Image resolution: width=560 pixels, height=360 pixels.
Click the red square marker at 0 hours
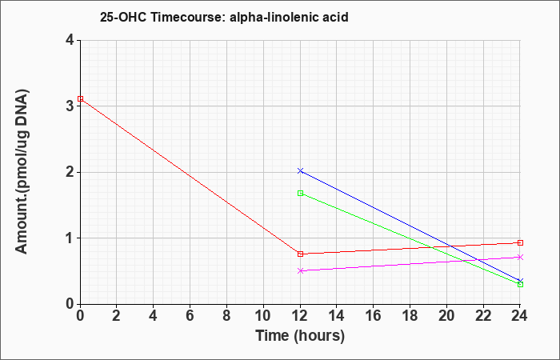pos(80,98)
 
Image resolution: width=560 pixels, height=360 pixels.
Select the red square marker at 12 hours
pos(300,254)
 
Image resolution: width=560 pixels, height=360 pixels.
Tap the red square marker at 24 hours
pos(520,243)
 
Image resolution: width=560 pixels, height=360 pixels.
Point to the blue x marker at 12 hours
pos(300,170)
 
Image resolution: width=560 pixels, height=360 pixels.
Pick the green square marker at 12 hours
pos(300,194)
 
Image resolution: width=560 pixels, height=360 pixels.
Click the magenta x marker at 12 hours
pos(300,270)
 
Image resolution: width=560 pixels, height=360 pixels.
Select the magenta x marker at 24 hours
pos(520,257)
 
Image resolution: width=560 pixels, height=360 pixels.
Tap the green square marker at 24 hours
pos(520,284)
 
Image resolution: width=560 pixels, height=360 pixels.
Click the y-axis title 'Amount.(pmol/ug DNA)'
pos(22,172)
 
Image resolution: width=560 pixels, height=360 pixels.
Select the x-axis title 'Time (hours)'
pos(300,336)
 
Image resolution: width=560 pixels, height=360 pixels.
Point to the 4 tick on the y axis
pos(70,40)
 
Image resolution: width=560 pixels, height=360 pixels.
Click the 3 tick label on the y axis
pos(70,106)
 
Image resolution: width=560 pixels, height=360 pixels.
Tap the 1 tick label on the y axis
pos(70,238)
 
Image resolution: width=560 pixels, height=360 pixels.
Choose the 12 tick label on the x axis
pos(300,316)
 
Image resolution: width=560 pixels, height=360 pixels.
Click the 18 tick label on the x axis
pos(410,316)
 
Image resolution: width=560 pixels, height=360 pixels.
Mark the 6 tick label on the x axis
pos(190,316)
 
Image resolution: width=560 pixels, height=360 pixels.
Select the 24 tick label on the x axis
pos(520,316)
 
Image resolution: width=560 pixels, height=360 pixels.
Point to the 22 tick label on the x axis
pos(483,316)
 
